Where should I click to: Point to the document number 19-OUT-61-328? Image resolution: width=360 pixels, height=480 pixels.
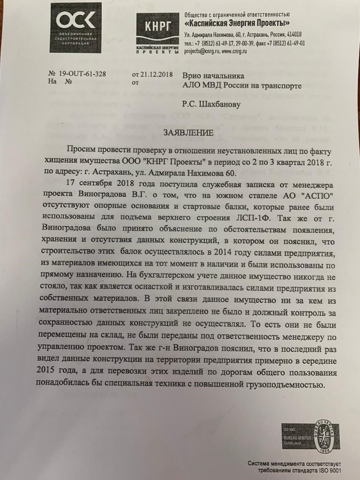coord(83,74)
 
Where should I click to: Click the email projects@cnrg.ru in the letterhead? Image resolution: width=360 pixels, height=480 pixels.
coord(200,51)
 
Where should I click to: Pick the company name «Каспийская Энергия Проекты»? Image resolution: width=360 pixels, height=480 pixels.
coord(237,24)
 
